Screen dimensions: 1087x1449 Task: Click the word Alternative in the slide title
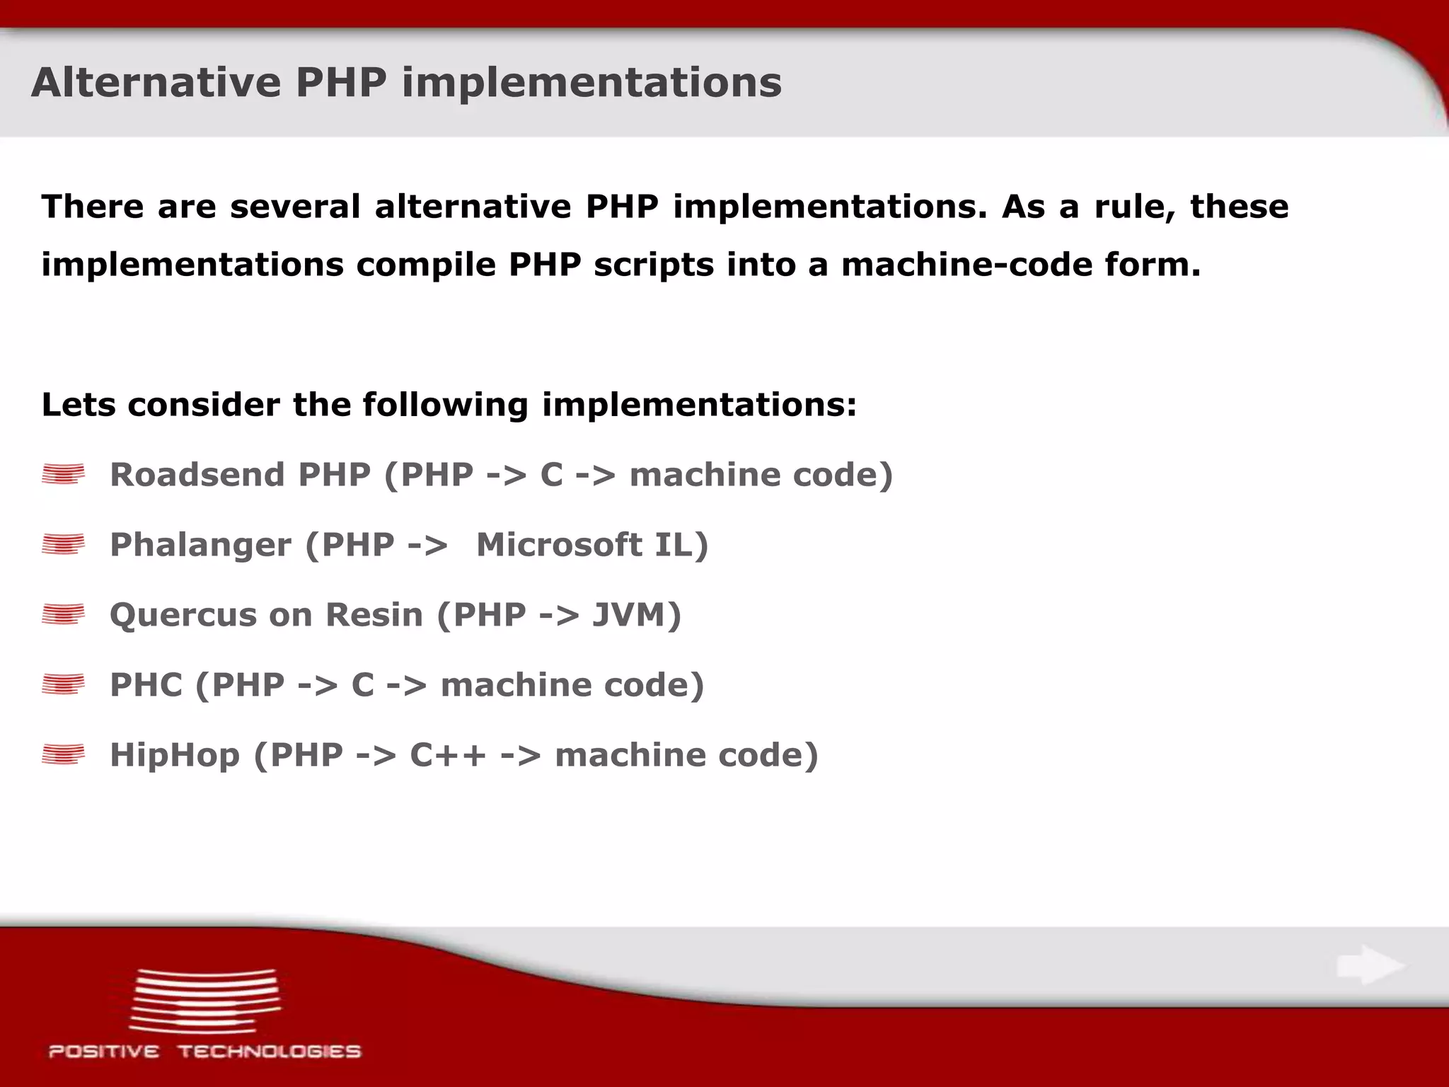(x=156, y=82)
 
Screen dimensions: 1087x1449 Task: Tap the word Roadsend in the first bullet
(x=195, y=474)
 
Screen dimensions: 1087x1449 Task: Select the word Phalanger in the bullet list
(x=200, y=545)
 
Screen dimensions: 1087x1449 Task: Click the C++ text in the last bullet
(x=448, y=754)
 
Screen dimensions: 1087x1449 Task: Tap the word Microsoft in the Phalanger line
(x=559, y=544)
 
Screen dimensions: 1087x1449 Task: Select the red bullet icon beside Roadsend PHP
(x=63, y=474)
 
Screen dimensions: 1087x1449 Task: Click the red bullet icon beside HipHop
(x=63, y=754)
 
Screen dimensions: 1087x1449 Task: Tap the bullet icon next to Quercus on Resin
(x=63, y=614)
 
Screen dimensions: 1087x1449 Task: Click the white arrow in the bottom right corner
(x=1370, y=965)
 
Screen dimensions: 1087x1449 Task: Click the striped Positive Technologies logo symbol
(x=204, y=1001)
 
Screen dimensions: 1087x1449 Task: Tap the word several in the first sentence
(x=295, y=207)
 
